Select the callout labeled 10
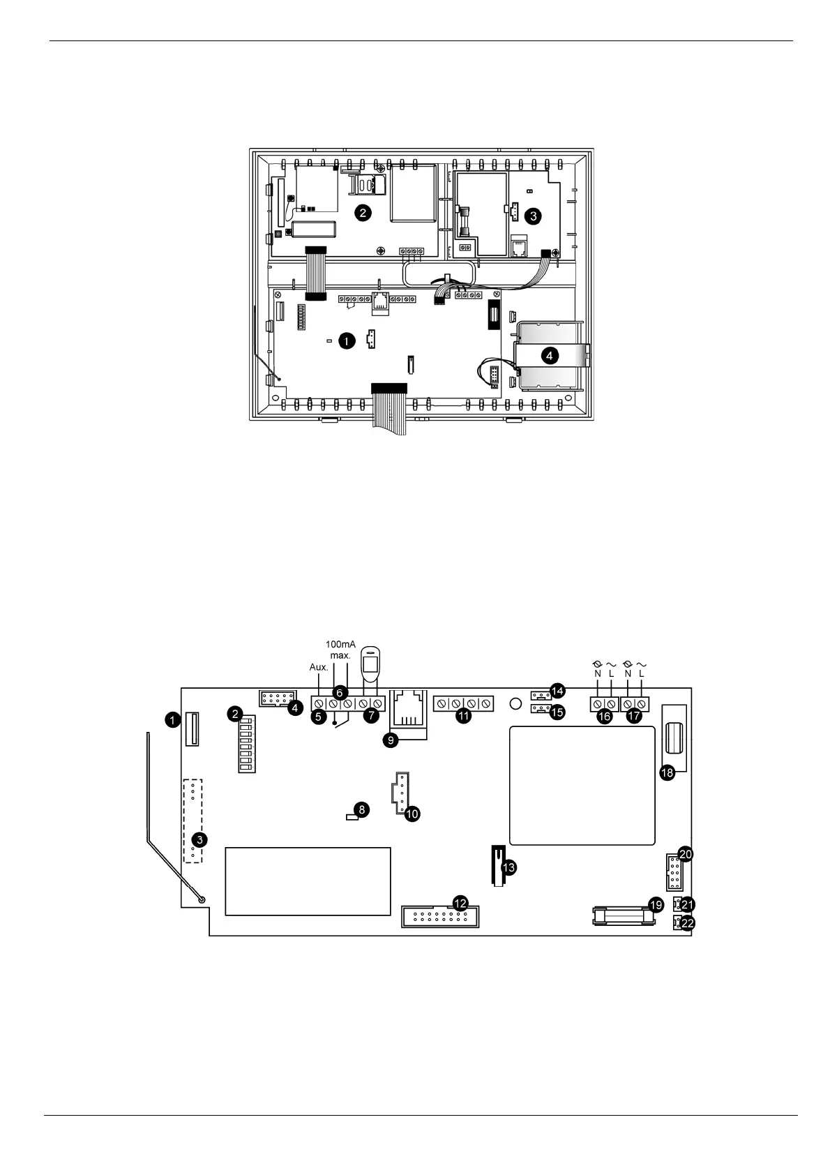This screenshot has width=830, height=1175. click(412, 813)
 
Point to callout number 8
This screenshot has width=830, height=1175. click(361, 809)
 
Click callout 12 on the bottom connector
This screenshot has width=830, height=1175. click(460, 902)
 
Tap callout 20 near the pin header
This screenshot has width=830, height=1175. click(686, 854)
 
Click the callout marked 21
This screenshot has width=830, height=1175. click(688, 904)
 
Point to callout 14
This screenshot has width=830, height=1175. click(557, 691)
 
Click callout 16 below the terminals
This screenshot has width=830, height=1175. click(605, 717)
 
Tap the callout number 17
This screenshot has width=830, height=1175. click(635, 717)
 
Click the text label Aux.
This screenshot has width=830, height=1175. click(318, 667)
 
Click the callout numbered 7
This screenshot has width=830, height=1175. click(371, 715)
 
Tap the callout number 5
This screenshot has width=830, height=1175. click(318, 715)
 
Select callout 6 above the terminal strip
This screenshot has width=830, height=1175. click(340, 692)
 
